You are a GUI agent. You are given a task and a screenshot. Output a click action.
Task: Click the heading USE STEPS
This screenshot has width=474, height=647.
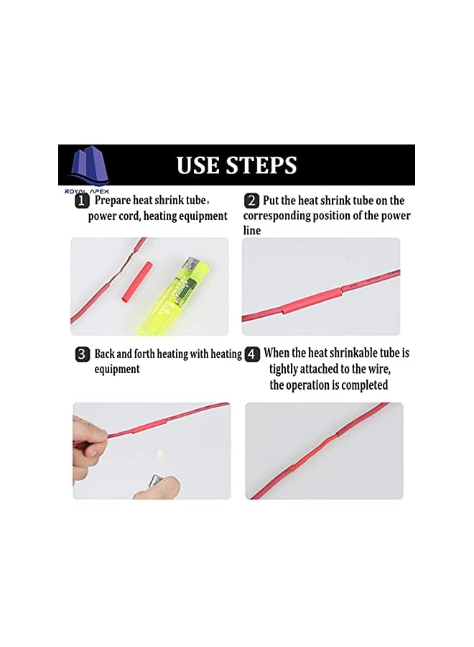(237, 165)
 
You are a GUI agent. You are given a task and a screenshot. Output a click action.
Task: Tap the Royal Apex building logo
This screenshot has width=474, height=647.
(87, 166)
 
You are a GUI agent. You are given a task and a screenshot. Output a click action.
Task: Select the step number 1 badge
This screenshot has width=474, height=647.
(83, 201)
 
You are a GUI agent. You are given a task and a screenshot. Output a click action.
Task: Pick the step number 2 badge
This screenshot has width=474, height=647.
(251, 201)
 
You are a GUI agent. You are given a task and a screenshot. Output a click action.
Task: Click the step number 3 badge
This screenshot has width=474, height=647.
(83, 354)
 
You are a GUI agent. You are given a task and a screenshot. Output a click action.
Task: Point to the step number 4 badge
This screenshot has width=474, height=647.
(252, 354)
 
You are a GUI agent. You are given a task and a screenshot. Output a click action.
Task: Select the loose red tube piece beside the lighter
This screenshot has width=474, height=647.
(131, 281)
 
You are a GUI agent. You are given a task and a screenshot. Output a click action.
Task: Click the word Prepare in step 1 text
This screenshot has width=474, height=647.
(114, 201)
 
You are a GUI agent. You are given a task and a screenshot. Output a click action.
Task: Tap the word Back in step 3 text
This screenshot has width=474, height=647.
(106, 354)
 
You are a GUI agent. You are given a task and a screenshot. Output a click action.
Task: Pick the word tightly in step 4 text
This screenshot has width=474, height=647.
(284, 369)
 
